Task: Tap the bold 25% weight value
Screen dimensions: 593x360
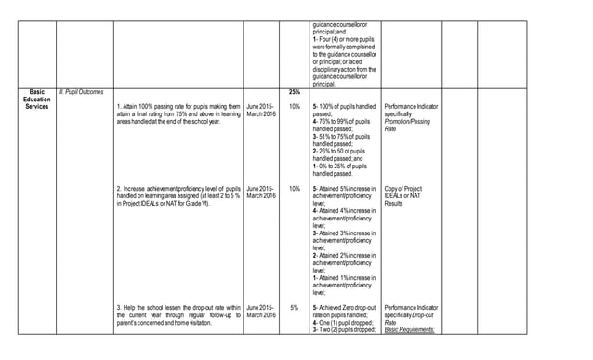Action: point(294,92)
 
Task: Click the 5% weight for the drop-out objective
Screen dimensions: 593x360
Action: point(294,307)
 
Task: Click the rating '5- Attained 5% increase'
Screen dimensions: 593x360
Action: point(345,196)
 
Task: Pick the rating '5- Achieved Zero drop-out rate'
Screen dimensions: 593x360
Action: point(345,311)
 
